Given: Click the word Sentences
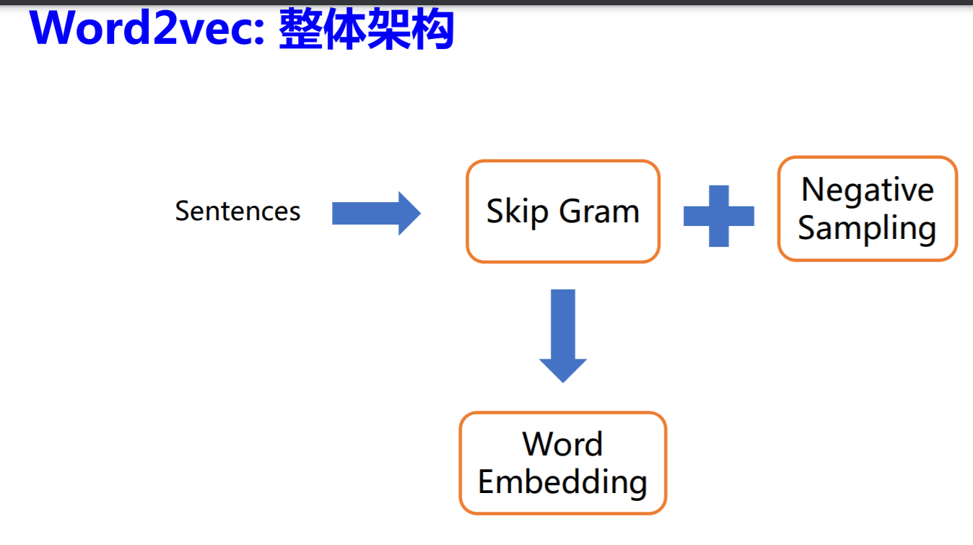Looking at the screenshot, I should (x=237, y=211).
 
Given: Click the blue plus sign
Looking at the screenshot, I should (x=719, y=216).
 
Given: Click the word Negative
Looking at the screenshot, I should (x=868, y=190).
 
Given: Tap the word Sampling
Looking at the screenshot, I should (x=867, y=228).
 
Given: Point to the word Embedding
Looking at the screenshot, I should (x=562, y=481).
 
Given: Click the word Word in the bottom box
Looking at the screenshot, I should (x=562, y=444).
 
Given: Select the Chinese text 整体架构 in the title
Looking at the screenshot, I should (x=367, y=30).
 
